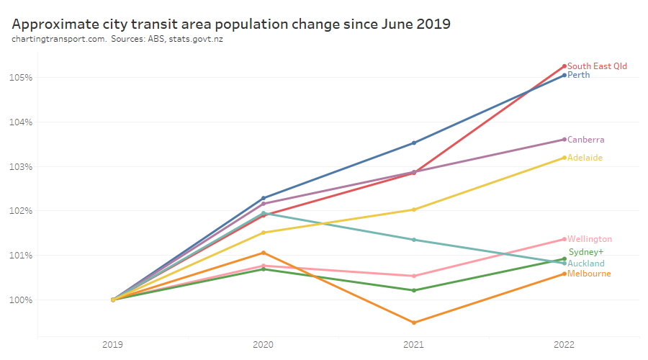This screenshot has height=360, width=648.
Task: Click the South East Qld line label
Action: [x=597, y=66]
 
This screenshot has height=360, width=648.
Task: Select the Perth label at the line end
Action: [x=579, y=75]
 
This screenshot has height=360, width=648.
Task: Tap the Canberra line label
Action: [x=585, y=140]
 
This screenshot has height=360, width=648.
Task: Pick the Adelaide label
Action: [x=585, y=158]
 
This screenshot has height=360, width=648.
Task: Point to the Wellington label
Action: [x=590, y=239]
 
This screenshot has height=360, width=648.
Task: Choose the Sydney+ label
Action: [x=585, y=252]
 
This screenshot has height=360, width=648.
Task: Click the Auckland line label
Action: [x=586, y=264]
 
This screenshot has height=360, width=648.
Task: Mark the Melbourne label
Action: [x=589, y=274]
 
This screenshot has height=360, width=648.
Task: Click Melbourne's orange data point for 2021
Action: [x=413, y=323]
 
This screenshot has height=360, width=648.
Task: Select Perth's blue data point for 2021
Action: [x=413, y=143]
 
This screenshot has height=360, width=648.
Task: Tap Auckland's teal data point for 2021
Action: [x=413, y=240]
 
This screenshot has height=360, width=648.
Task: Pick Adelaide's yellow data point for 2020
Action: [x=263, y=233]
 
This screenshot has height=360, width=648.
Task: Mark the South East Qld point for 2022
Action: [x=564, y=66]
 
